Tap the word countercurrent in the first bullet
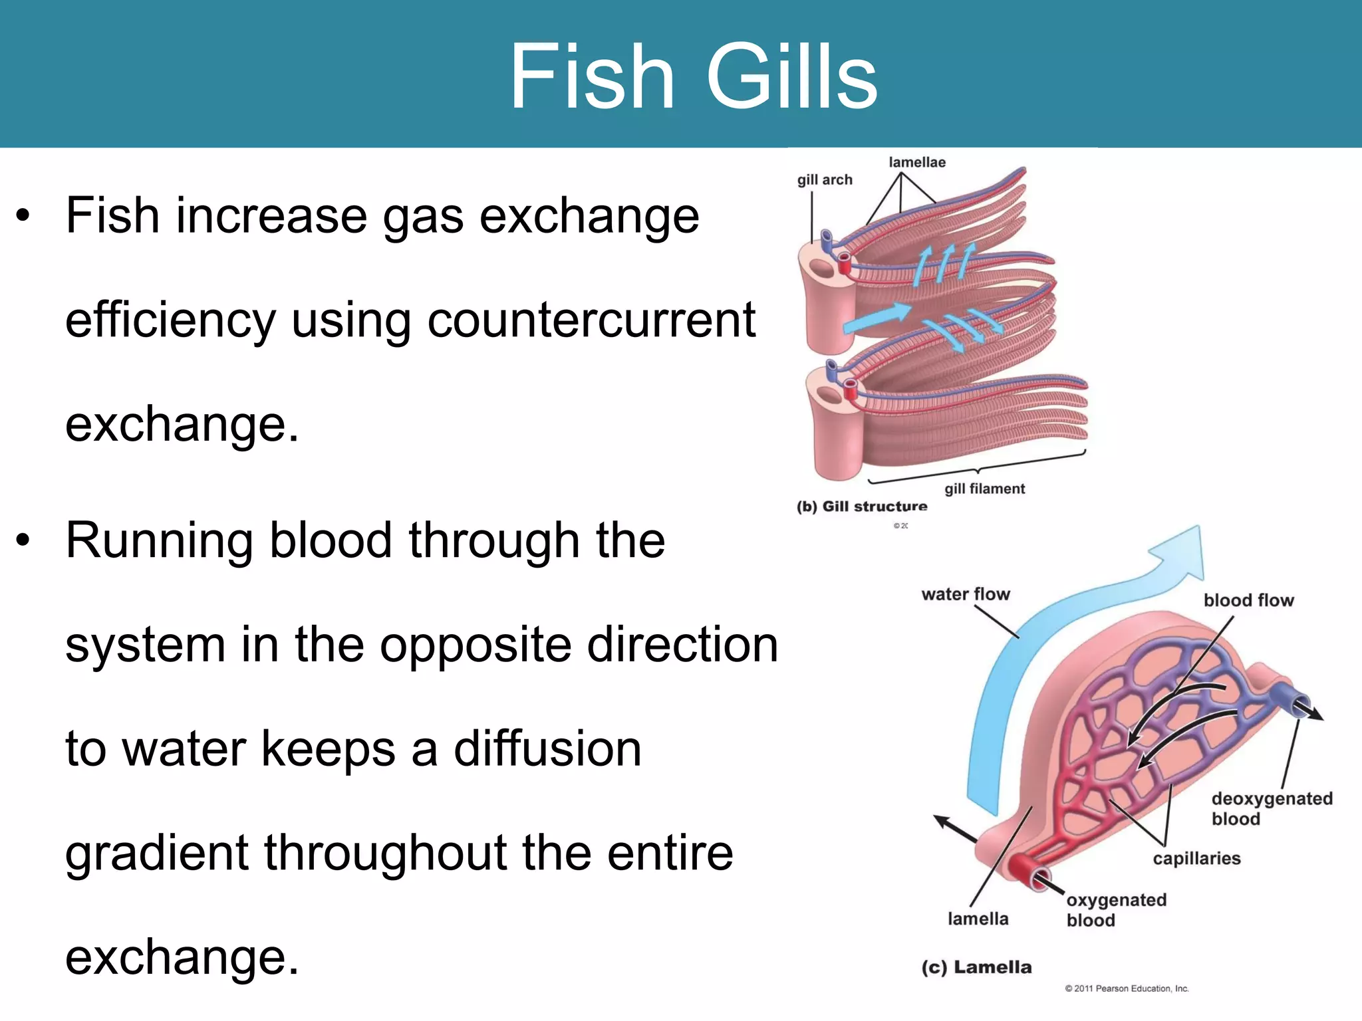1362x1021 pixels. point(591,320)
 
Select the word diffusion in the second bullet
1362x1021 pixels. point(547,749)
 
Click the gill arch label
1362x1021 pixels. point(825,179)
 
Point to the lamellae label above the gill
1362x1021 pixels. point(917,162)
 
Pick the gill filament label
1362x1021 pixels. point(984,489)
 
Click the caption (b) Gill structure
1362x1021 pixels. point(861,507)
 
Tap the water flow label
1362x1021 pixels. point(966,594)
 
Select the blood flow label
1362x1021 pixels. point(1248,600)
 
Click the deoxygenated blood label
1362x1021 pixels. point(1272,808)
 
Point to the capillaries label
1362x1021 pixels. point(1196,858)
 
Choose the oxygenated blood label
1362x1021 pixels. point(1116,910)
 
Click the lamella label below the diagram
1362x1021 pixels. point(978,919)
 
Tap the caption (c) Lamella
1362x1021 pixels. point(976,967)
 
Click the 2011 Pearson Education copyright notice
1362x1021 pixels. point(1127,988)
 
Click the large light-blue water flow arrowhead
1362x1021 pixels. point(1184,552)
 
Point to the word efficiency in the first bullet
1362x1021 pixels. point(170,320)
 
